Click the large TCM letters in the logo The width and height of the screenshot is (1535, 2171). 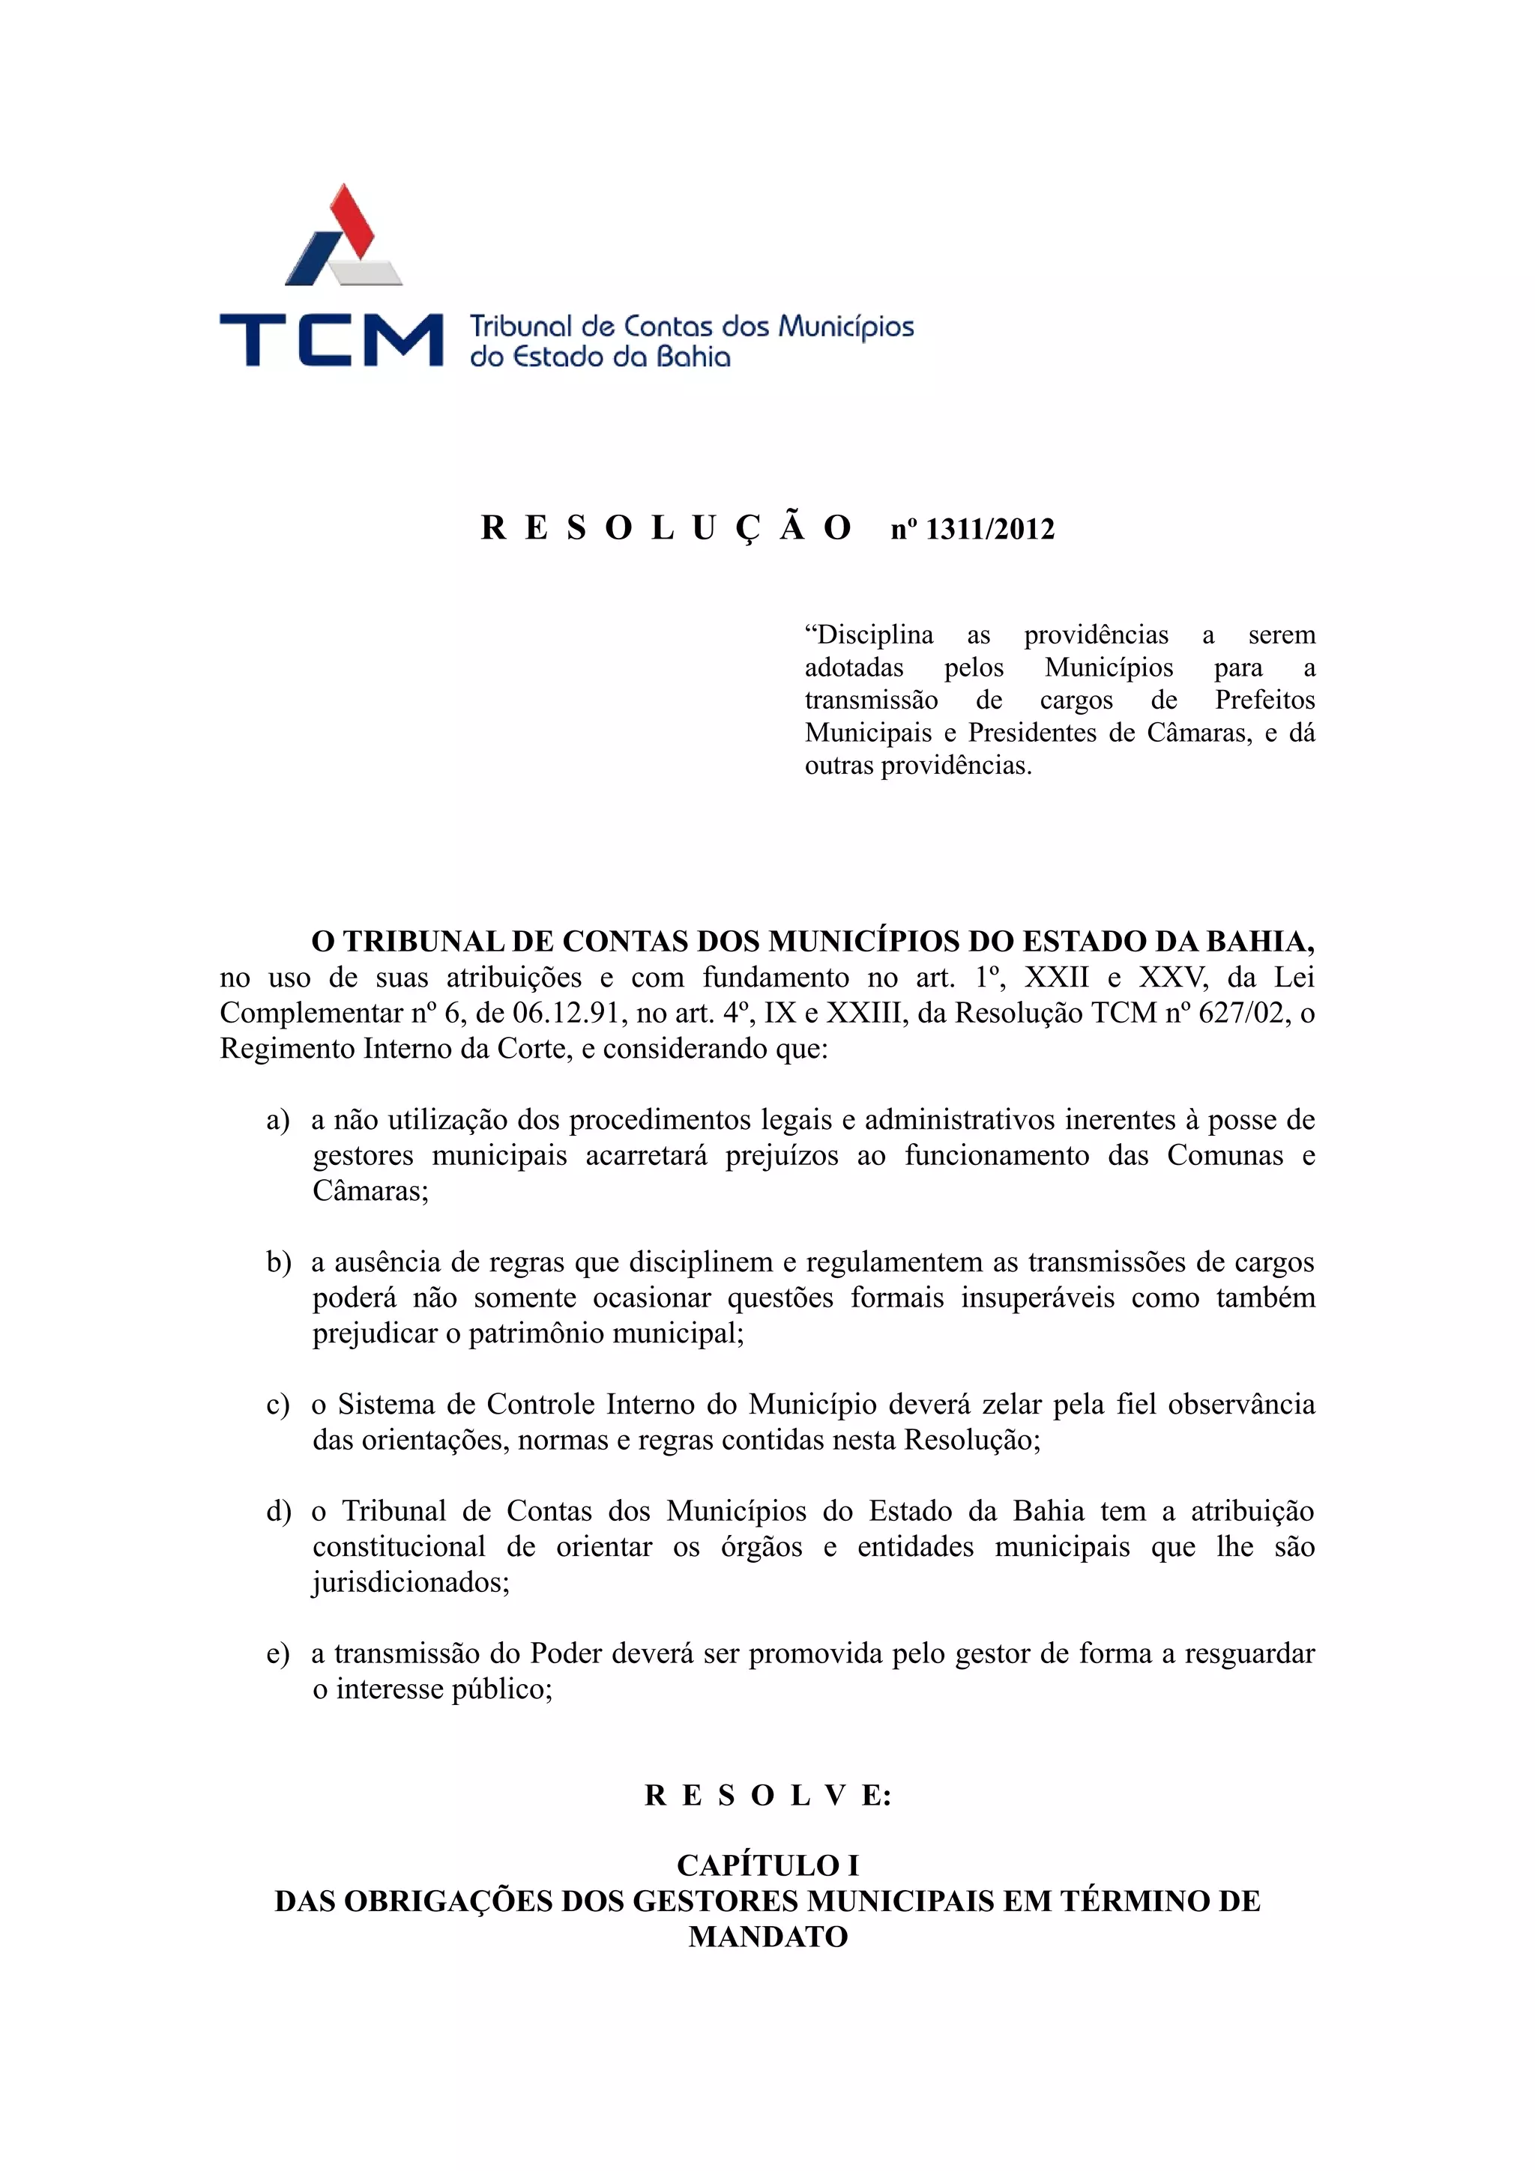pos(331,339)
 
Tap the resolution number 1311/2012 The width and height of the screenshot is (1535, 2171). pos(989,530)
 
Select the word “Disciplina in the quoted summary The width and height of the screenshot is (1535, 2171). pos(868,635)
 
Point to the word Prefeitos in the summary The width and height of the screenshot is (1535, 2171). pos(1264,700)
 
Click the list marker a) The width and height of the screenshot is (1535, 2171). pos(277,1121)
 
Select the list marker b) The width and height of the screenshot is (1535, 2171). pos(278,1262)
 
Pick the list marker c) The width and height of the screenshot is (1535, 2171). pos(277,1405)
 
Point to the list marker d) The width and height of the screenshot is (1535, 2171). pos(278,1512)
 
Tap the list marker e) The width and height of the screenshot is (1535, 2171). pos(277,1654)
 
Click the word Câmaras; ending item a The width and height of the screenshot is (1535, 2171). pos(371,1190)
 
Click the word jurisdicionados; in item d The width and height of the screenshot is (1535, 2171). pos(411,1583)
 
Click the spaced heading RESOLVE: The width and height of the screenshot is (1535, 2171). pos(768,1796)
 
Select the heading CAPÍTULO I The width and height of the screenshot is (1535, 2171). pos(768,1865)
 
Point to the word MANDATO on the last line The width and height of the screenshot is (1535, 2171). pos(768,1937)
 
